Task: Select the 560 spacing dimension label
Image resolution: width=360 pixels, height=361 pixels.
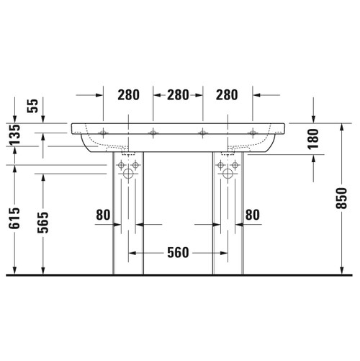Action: click(177, 252)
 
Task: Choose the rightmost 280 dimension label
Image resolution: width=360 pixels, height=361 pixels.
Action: click(227, 94)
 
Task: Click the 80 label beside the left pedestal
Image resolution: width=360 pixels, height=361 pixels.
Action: click(104, 214)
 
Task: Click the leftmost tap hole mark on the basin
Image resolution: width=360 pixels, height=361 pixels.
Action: click(103, 132)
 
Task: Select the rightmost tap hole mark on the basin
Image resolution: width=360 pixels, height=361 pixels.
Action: click(253, 132)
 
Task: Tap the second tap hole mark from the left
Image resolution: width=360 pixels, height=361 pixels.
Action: click(153, 132)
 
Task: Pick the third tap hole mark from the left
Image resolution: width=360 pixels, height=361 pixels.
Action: click(202, 132)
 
